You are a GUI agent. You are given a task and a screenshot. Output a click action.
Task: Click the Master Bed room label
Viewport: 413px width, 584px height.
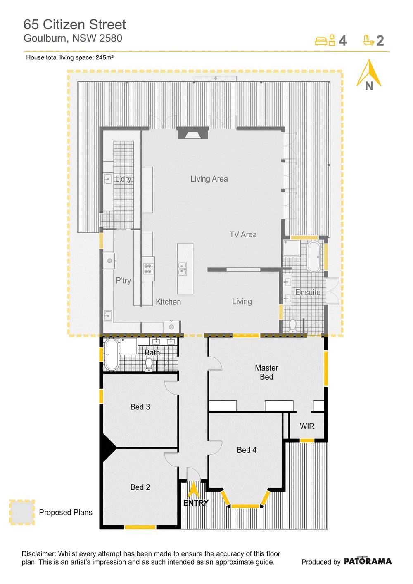click(x=266, y=372)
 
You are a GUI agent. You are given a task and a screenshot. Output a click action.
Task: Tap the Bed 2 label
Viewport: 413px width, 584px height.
click(x=140, y=487)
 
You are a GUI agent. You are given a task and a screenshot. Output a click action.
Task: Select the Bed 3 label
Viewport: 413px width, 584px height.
click(x=140, y=407)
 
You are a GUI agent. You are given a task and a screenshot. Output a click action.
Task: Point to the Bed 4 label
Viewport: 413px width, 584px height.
click(x=247, y=450)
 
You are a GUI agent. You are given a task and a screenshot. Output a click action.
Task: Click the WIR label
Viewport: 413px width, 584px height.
click(x=307, y=426)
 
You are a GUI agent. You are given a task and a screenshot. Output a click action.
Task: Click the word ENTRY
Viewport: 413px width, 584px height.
click(x=196, y=503)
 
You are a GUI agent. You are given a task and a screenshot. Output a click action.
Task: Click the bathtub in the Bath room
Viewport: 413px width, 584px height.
click(x=112, y=355)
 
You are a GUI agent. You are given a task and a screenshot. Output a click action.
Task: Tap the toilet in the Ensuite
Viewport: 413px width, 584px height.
click(x=293, y=326)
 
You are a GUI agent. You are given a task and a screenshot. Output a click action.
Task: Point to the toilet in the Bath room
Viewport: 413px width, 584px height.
click(x=149, y=364)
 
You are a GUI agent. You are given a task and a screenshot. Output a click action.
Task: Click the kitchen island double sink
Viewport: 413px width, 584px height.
click(x=182, y=269)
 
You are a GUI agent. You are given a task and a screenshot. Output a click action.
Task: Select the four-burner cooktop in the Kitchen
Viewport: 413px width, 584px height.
click(x=148, y=269)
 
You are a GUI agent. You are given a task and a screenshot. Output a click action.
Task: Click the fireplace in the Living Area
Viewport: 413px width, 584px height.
click(x=193, y=133)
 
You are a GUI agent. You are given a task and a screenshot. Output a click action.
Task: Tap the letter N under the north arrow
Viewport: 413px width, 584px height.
click(x=369, y=85)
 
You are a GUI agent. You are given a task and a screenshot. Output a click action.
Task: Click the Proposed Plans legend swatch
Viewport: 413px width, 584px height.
click(x=22, y=512)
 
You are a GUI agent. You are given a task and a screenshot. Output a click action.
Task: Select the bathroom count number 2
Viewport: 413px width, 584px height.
click(x=380, y=41)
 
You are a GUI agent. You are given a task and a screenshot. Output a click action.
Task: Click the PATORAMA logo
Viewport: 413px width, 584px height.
click(x=368, y=561)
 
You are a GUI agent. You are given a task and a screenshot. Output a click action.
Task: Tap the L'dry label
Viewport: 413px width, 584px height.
click(x=123, y=179)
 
